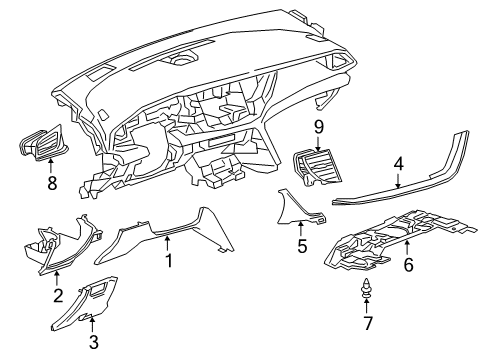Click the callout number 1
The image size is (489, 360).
click(x=169, y=263)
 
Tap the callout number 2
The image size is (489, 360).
click(x=58, y=295)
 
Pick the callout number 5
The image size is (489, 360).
click(x=301, y=245)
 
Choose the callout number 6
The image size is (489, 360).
click(x=407, y=265)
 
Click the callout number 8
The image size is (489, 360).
click(x=52, y=184)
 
